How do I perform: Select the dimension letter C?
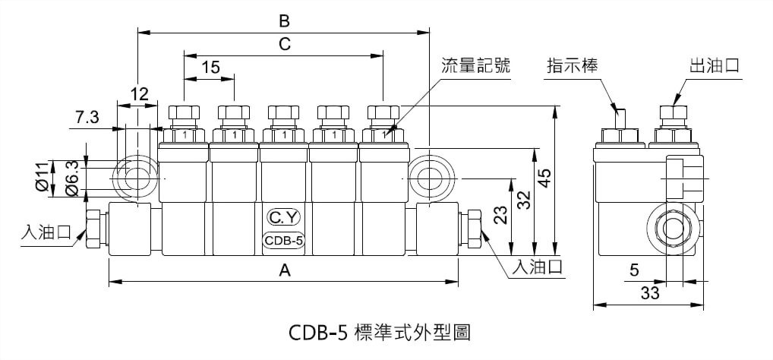(284, 44)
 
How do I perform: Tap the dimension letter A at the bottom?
(285, 269)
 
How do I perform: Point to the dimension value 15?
(210, 68)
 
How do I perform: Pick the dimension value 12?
(138, 94)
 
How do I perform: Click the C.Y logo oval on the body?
(284, 218)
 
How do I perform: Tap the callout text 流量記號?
(475, 66)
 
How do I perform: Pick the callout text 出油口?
(714, 66)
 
